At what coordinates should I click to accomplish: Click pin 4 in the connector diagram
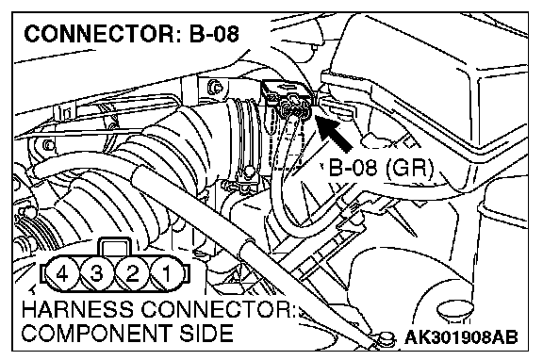[62, 274]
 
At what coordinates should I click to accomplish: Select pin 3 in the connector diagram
[97, 274]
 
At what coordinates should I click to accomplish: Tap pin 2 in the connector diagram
[132, 274]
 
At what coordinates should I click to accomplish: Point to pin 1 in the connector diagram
[167, 274]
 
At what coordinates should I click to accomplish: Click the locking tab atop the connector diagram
[115, 247]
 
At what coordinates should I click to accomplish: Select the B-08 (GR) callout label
[381, 169]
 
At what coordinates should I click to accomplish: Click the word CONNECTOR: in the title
[103, 34]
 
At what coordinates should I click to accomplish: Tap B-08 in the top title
[214, 34]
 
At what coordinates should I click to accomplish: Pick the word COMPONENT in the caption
[97, 333]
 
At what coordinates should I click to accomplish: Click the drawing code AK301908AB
[461, 337]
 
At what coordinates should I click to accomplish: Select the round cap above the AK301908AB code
[455, 310]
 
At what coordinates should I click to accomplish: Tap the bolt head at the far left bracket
[49, 144]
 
